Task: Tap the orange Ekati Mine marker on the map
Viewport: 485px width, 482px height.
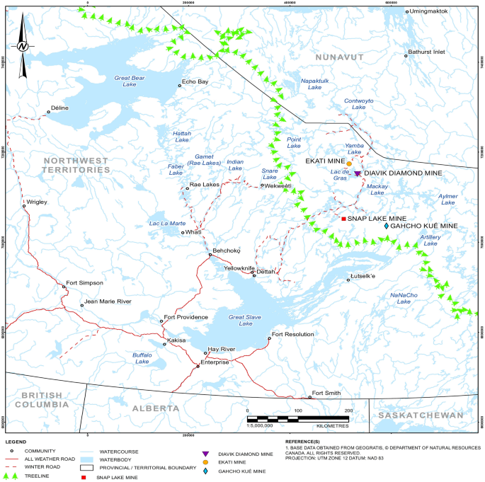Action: click(x=349, y=164)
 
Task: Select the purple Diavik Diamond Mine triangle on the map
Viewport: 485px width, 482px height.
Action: click(x=357, y=173)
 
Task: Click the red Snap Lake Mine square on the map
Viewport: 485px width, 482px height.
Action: click(x=343, y=219)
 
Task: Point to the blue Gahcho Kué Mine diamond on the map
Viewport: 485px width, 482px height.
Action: click(x=387, y=226)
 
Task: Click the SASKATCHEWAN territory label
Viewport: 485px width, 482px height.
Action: click(x=419, y=415)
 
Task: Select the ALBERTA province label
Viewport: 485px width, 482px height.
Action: click(x=155, y=408)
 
